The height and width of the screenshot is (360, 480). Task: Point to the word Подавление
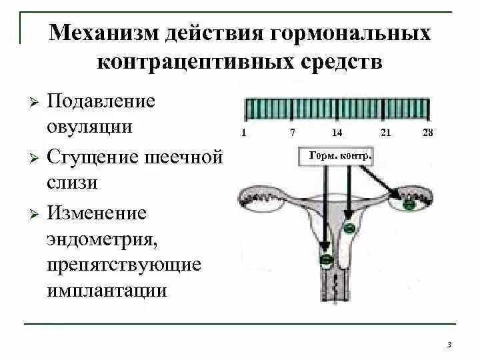[x=101, y=102]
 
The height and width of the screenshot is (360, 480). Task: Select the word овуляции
[x=89, y=126]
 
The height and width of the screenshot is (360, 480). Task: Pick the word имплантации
[x=107, y=291]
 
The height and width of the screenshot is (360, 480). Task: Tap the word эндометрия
[x=100, y=238]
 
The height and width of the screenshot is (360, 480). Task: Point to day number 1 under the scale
[x=244, y=133]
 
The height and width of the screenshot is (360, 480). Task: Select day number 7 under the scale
[x=293, y=133]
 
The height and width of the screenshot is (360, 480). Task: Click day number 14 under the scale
[x=337, y=133]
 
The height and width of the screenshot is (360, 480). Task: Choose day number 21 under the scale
[x=385, y=133]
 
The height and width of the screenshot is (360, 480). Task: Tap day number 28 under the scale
[x=428, y=133]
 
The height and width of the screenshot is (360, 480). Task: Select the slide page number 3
[x=449, y=344]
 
